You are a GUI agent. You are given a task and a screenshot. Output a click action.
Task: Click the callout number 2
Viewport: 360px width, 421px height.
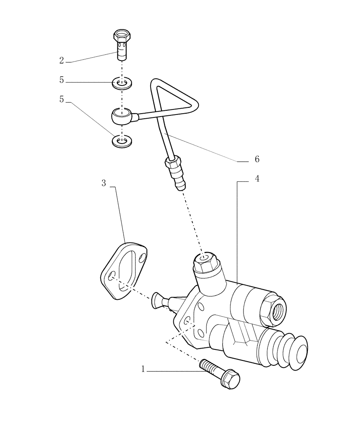(x=61, y=61)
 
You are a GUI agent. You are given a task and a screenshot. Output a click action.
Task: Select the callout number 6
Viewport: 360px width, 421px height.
(x=257, y=159)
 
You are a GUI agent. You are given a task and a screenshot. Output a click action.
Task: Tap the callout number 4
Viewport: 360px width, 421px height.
(x=257, y=179)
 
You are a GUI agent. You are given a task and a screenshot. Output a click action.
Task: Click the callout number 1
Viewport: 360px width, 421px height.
(x=143, y=369)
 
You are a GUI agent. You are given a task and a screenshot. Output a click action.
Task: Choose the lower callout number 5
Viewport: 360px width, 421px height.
(x=61, y=99)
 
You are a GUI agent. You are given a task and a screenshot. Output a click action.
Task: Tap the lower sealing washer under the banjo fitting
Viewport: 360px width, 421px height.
(x=122, y=141)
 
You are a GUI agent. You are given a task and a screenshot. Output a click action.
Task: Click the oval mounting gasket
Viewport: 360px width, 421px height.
(x=124, y=270)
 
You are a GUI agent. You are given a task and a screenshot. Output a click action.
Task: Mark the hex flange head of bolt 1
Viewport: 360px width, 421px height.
(x=230, y=380)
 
